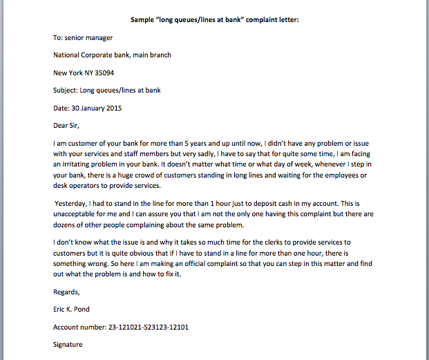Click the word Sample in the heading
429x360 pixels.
click(x=143, y=19)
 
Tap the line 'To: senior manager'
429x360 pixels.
click(x=83, y=37)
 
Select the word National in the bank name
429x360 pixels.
click(x=69, y=55)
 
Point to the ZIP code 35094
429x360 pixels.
click(x=103, y=72)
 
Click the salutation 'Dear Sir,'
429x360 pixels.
click(x=71, y=125)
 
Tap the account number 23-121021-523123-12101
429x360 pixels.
click(x=146, y=327)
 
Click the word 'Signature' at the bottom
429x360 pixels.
click(x=68, y=344)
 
